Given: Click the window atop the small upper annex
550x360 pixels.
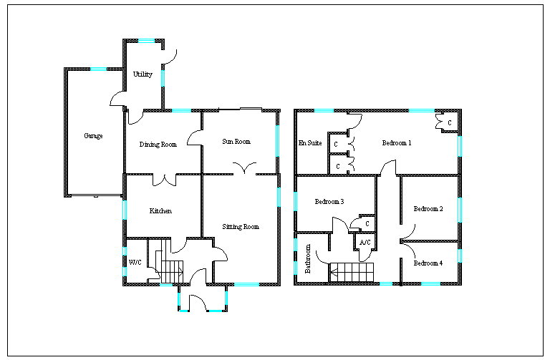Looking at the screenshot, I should [x=146, y=41].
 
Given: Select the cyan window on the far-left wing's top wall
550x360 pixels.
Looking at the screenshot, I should [x=98, y=69].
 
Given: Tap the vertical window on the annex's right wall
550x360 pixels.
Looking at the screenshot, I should [x=163, y=77].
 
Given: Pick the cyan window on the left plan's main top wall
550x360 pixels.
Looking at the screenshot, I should [x=181, y=111].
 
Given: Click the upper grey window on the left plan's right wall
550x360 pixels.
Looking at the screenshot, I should [x=277, y=141].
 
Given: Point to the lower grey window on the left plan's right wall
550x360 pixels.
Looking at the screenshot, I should [x=279, y=197].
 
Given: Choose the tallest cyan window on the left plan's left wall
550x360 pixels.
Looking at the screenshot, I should [x=125, y=210].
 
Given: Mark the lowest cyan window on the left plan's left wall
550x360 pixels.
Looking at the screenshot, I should [x=125, y=271].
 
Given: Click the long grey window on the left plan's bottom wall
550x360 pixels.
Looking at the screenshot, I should [x=246, y=285].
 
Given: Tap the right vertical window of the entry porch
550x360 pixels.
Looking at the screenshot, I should [x=226, y=298].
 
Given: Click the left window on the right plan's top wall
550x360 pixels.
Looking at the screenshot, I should [x=324, y=111].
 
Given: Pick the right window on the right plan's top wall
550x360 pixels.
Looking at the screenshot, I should [x=422, y=111].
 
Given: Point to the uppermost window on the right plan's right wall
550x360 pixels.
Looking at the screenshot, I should [x=460, y=146].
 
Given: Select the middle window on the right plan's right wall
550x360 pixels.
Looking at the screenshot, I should [x=460, y=210].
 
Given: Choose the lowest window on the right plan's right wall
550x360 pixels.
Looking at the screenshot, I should [x=460, y=256].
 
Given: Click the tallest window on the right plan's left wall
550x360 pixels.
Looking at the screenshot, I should [x=295, y=201].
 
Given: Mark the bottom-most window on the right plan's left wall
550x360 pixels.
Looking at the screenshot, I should [x=295, y=268].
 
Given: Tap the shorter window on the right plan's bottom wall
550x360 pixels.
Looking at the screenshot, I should [x=386, y=284].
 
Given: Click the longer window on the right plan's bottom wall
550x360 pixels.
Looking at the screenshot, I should [x=430, y=284].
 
